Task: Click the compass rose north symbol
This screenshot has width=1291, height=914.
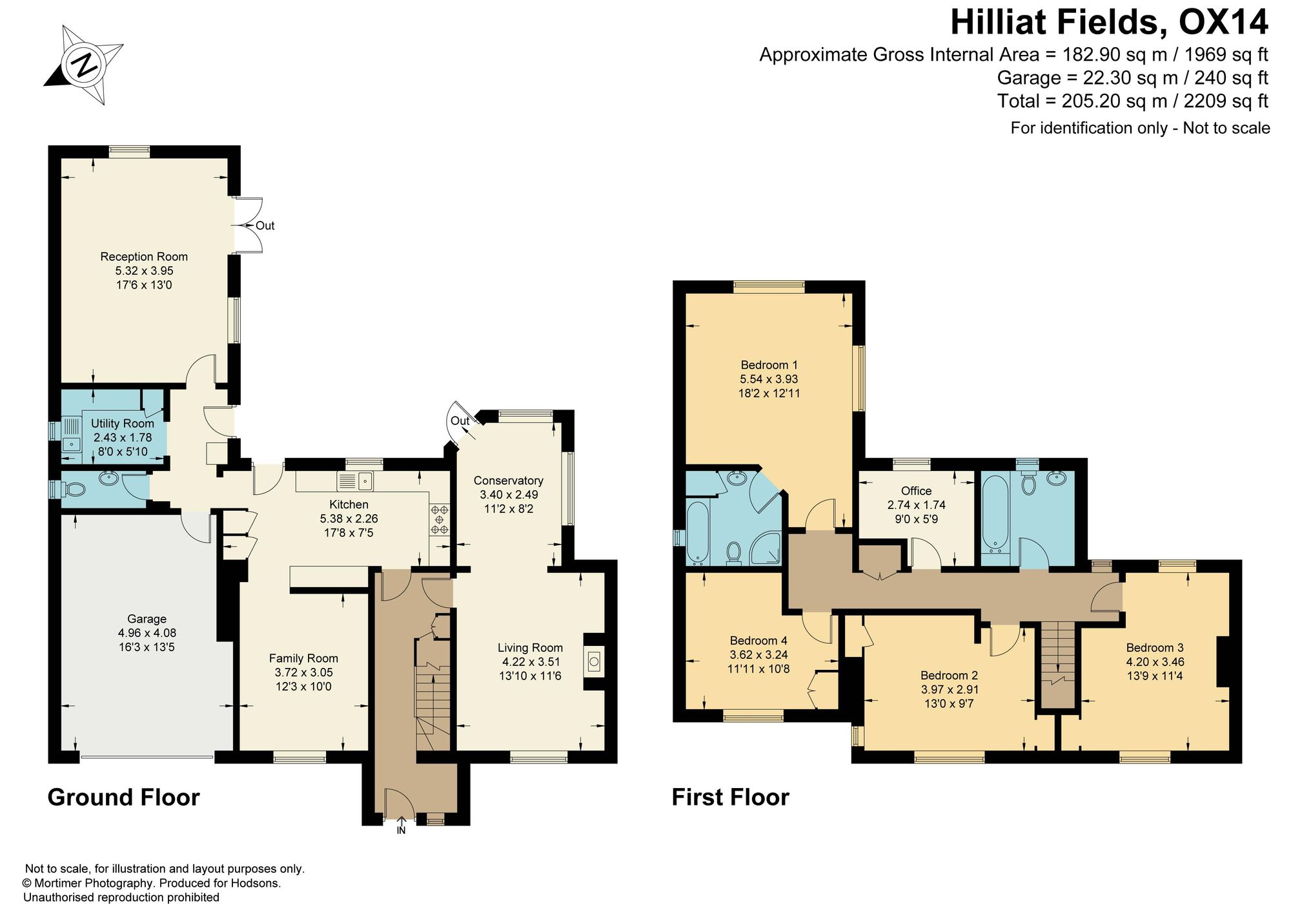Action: coord(84,65)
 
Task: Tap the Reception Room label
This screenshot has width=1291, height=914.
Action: coord(144,256)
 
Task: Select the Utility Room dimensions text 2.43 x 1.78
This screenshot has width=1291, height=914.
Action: coord(123,437)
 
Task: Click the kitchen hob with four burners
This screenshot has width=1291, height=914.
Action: coord(440,519)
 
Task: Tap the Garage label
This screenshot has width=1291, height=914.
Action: coord(147,619)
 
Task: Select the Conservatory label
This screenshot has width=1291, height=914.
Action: coord(509,481)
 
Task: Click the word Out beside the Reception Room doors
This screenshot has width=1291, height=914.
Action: coord(265,225)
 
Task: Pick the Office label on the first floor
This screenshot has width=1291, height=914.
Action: coord(916,491)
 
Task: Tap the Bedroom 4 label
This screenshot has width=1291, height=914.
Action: coord(758,641)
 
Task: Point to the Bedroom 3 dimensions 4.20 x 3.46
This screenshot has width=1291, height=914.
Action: coord(1155,661)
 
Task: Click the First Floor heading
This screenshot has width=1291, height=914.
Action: coord(730,797)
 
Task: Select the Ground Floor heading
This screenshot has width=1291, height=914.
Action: coord(123,797)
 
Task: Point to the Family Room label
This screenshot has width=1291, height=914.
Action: coord(303,658)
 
